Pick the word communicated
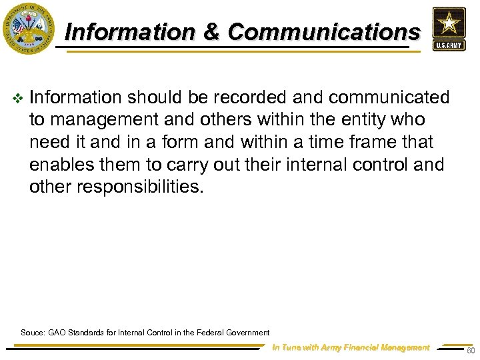coord(389,98)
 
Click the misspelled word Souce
coord(32,332)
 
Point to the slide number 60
coord(470,351)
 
